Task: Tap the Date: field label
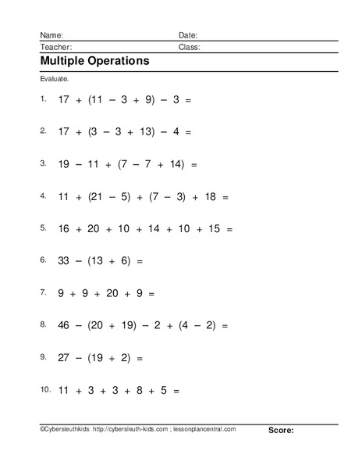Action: click(x=188, y=35)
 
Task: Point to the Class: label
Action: click(x=190, y=47)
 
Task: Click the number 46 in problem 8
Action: click(x=65, y=323)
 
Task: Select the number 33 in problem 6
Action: click(x=65, y=260)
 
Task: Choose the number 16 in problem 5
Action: click(x=65, y=229)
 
